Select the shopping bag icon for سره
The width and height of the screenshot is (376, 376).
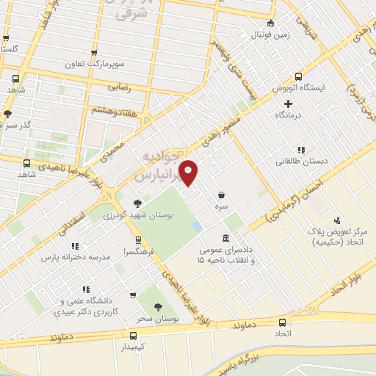click(222, 195)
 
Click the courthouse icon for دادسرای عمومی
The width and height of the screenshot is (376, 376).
click(225, 239)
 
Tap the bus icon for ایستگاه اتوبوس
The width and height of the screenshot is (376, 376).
click(298, 76)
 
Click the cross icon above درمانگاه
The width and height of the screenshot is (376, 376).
click(288, 104)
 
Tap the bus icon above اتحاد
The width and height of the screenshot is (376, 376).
click(283, 322)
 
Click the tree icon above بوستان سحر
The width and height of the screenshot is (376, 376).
click(157, 308)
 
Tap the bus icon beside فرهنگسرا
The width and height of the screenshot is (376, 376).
click(137, 240)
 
